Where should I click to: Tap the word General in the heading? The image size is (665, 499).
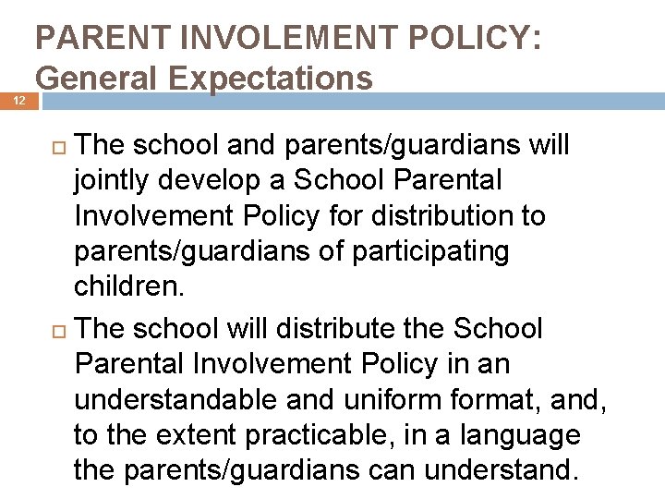pyautogui.click(x=96, y=79)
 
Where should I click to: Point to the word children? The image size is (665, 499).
pyautogui.click(x=129, y=286)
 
